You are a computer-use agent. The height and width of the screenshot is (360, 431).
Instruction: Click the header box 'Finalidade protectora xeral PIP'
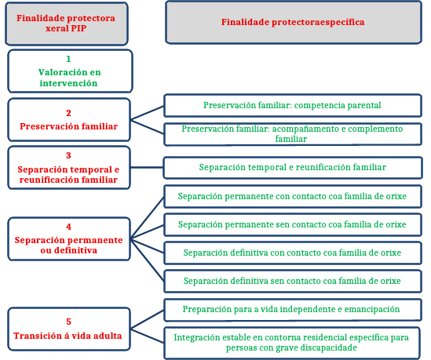click(x=67, y=24)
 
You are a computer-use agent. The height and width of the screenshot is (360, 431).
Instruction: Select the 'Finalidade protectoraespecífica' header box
click(x=294, y=22)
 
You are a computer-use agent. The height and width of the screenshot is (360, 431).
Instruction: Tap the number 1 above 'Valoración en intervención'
click(x=68, y=59)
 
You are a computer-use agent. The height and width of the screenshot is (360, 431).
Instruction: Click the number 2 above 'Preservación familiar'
click(x=68, y=113)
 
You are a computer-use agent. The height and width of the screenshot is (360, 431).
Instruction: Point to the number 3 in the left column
click(x=68, y=155)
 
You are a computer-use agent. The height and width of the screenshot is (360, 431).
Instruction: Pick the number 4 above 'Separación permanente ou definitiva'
click(x=68, y=227)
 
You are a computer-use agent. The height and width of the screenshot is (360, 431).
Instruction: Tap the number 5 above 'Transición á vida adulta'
click(x=68, y=322)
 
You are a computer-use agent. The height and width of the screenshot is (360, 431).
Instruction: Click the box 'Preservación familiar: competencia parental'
click(x=293, y=106)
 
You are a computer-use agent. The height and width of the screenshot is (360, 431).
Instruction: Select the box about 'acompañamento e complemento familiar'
click(x=293, y=134)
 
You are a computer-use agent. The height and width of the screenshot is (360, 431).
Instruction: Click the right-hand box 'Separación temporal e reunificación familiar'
click(x=293, y=168)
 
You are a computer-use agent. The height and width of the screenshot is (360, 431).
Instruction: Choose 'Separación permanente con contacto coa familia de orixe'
click(x=293, y=196)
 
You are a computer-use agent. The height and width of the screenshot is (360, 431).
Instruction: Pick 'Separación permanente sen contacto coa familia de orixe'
click(x=293, y=224)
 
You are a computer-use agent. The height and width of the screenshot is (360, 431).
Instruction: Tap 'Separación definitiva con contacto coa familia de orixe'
click(x=293, y=253)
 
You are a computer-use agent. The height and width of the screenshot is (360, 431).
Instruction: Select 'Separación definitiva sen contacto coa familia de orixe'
click(x=293, y=282)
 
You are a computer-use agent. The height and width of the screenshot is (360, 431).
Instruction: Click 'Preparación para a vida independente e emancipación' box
click(x=293, y=310)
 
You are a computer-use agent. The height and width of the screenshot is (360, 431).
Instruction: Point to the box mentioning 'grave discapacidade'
click(x=292, y=343)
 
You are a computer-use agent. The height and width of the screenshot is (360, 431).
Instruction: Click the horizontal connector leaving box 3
click(x=147, y=167)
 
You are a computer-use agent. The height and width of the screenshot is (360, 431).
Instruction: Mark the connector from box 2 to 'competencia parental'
click(x=147, y=113)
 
